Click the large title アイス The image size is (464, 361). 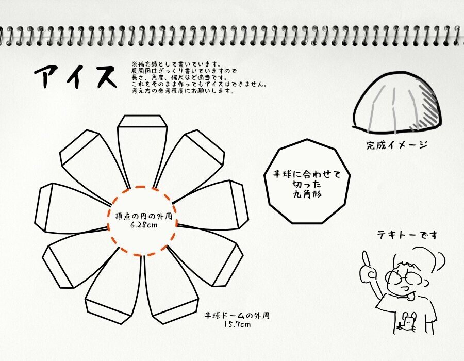tap(75, 76)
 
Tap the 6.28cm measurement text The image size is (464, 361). tap(144, 225)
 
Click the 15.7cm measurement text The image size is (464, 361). tap(237, 324)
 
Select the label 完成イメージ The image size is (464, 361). tap(397, 145)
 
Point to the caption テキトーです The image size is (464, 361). tap(407, 235)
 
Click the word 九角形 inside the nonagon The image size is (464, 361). tap(307, 194)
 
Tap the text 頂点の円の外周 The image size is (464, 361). tap(143, 216)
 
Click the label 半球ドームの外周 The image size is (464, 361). tap(237, 316)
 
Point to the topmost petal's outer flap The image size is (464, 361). tap(142, 121)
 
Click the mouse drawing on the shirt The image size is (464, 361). tap(407, 322)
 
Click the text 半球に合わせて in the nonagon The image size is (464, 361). tap(307, 174)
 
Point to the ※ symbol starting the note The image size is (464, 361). tap(134, 64)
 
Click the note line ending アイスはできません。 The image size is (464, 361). tap(200, 85)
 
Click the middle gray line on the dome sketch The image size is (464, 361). tap(394, 110)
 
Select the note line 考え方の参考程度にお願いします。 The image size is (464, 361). tap(183, 91)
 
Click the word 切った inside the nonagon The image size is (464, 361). tap(307, 184)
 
